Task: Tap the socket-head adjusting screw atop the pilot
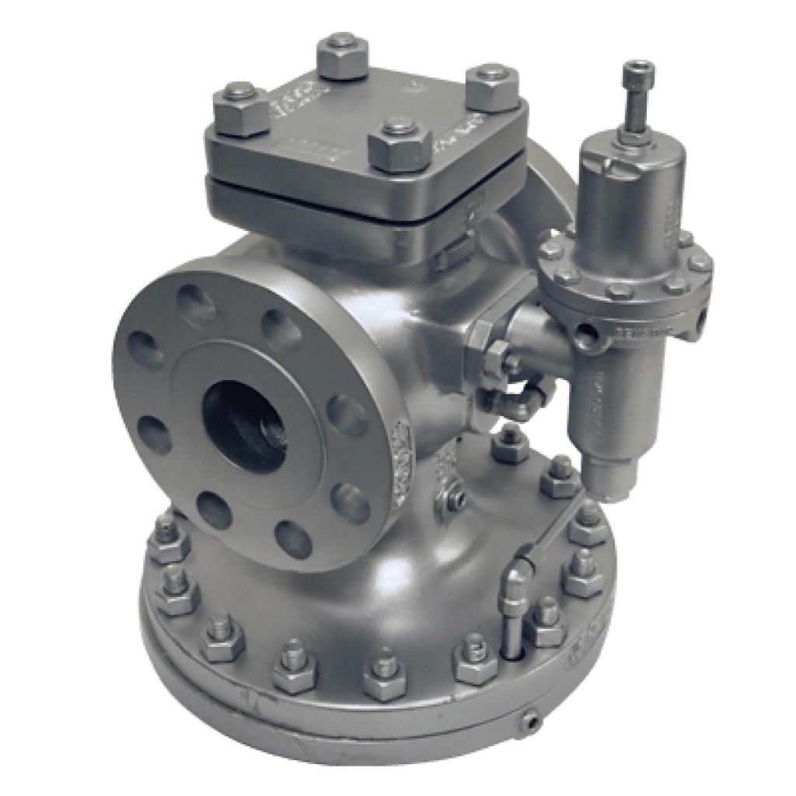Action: click(638, 75)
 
